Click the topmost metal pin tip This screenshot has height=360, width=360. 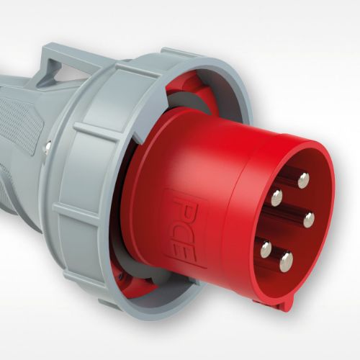click(x=303, y=179)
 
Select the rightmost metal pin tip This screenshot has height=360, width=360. click(x=309, y=219)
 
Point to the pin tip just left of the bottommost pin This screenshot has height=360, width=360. click(x=266, y=249)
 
